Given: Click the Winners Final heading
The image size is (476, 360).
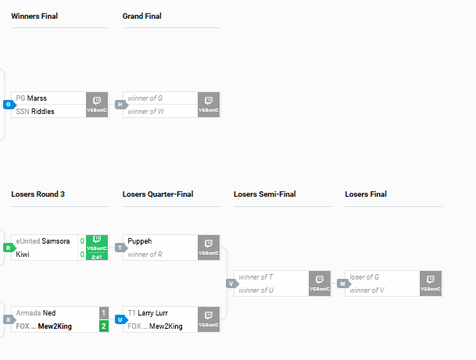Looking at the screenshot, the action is pyautogui.click(x=34, y=16).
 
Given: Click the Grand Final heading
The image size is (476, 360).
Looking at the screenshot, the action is pyautogui.click(x=141, y=16).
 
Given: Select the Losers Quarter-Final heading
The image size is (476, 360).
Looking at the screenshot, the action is pyautogui.click(x=158, y=194).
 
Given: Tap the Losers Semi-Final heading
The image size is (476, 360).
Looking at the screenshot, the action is pyautogui.click(x=265, y=194).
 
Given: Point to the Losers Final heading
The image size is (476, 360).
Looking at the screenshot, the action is pyautogui.click(x=366, y=194).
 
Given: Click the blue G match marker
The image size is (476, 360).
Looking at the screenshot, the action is pyautogui.click(x=9, y=105).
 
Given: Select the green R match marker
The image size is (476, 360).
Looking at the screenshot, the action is pyautogui.click(x=9, y=248).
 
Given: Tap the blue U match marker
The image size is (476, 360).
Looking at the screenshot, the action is pyautogui.click(x=121, y=319).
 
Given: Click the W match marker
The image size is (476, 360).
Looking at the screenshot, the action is pyautogui.click(x=344, y=284).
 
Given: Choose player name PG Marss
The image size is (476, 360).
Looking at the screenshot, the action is pyautogui.click(x=31, y=98).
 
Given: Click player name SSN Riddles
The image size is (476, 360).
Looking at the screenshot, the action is pyautogui.click(x=35, y=112).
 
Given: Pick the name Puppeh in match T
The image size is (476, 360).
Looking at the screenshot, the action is pyautogui.click(x=140, y=241).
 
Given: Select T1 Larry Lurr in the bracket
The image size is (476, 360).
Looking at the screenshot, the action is pyautogui.click(x=148, y=313).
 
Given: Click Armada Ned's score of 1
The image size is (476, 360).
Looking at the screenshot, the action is pyautogui.click(x=103, y=313).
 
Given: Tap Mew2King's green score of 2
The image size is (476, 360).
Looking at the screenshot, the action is pyautogui.click(x=103, y=326).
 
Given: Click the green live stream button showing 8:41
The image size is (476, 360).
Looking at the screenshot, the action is pyautogui.click(x=97, y=248).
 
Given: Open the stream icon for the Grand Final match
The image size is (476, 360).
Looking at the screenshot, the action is pyautogui.click(x=209, y=105).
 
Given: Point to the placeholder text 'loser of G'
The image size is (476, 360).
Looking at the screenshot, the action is pyautogui.click(x=364, y=277).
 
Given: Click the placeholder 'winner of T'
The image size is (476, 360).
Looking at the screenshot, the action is pyautogui.click(x=256, y=277).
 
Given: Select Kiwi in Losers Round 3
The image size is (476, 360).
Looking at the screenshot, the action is pyautogui.click(x=23, y=255).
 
